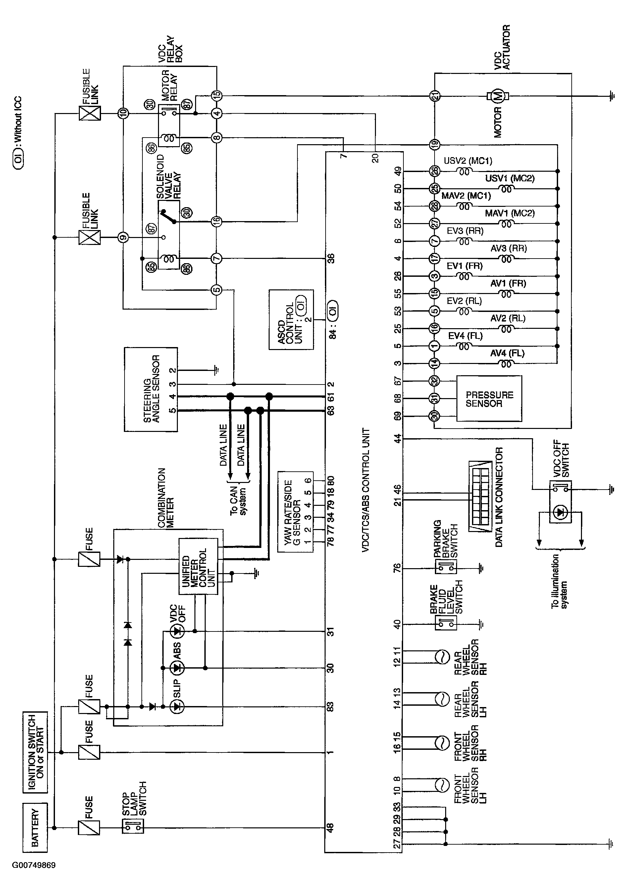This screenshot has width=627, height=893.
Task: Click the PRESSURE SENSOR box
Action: point(489,398)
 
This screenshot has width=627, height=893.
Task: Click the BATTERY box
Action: point(35,827)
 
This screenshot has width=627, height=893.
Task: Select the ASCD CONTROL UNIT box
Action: point(291,320)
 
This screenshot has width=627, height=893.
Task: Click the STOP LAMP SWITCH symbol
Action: point(132,827)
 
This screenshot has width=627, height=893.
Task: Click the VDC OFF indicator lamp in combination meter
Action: point(178,631)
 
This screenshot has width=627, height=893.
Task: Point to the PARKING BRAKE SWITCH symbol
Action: point(445,568)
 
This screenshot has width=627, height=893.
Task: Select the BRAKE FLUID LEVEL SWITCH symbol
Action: point(445,624)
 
